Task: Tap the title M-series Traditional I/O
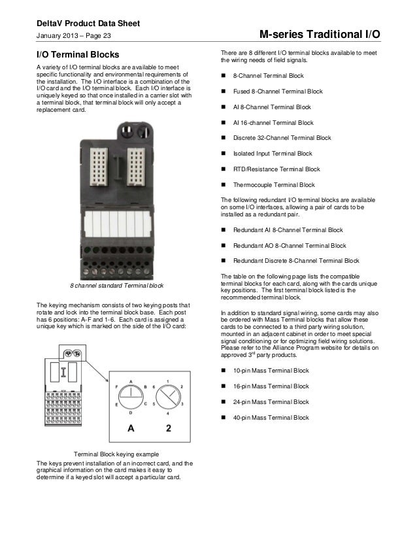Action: [319, 35]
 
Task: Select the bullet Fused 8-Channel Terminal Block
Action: [278, 92]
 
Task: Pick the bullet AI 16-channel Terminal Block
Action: [273, 122]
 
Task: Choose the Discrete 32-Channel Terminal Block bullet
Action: [282, 138]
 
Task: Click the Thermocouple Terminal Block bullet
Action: [274, 185]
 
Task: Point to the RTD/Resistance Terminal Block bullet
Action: [276, 169]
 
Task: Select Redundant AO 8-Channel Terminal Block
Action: [290, 246]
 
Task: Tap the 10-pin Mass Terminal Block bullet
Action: [271, 371]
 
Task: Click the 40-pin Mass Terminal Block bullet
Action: [271, 417]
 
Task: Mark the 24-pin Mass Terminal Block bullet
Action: [271, 401]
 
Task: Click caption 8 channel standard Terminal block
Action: [116, 286]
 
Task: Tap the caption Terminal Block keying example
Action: [116, 453]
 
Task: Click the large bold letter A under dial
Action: [131, 428]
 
